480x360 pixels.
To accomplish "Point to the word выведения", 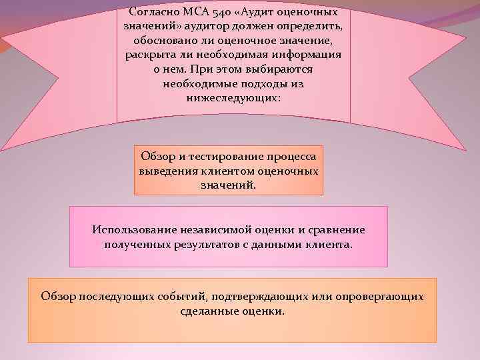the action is pyautogui.click(x=165, y=171).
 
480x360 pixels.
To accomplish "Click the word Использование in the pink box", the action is pyautogui.click(x=133, y=230).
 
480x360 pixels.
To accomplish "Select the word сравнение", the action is pyautogui.click(x=338, y=230).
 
